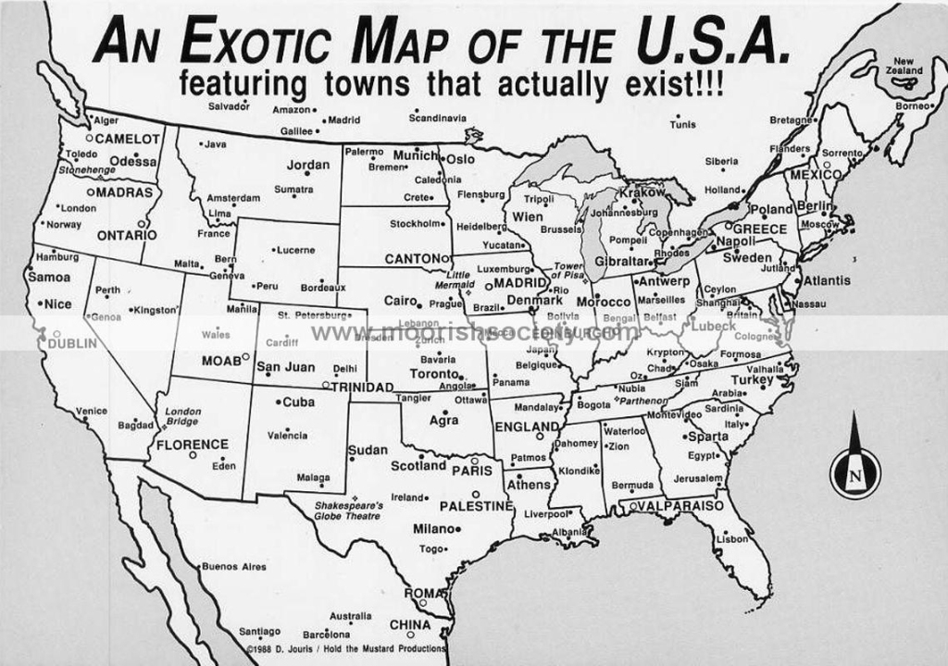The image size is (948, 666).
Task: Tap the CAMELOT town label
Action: point(128,139)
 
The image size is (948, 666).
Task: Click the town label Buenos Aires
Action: point(233,566)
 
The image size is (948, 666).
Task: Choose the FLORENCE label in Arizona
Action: point(192,444)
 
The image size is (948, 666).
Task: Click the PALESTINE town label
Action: point(475,506)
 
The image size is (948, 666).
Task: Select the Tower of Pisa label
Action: point(568,270)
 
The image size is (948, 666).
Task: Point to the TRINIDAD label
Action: point(362,387)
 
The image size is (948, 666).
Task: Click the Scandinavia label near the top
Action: point(438,118)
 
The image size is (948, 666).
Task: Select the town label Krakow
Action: point(642,192)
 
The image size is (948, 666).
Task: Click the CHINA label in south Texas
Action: point(409,624)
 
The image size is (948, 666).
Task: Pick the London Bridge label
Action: point(182,416)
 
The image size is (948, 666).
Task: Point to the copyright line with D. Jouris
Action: point(347,648)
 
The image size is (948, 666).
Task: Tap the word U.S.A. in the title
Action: point(713,43)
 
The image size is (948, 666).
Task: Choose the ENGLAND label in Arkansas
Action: point(526,426)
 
